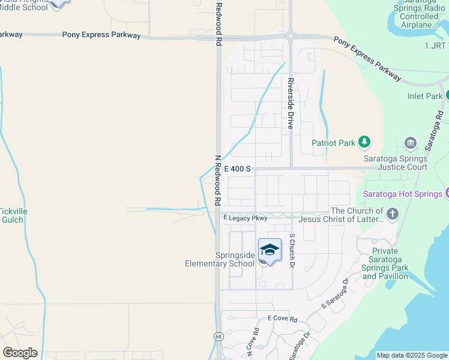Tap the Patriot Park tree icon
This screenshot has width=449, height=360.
tap(364, 142)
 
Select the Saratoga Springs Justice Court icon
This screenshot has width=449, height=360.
tap(411, 143)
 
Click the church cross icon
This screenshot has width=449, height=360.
tap(392, 214)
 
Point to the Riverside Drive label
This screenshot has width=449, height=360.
tap(291, 104)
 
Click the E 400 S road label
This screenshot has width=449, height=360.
tap(237, 170)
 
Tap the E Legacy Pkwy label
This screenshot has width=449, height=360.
tap(245, 218)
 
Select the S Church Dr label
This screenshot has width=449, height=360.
tap(292, 250)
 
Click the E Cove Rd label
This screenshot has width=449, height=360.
tap(283, 319)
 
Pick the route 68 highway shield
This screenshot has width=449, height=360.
tap(216, 337)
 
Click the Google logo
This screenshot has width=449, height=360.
tap(20, 353)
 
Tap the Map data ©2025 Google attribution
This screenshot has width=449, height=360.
tap(412, 355)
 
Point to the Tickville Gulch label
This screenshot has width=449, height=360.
tap(12, 215)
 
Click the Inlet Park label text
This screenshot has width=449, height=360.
tap(424, 96)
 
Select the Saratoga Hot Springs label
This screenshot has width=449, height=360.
tap(403, 194)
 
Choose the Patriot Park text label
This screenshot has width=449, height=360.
tap(333, 143)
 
